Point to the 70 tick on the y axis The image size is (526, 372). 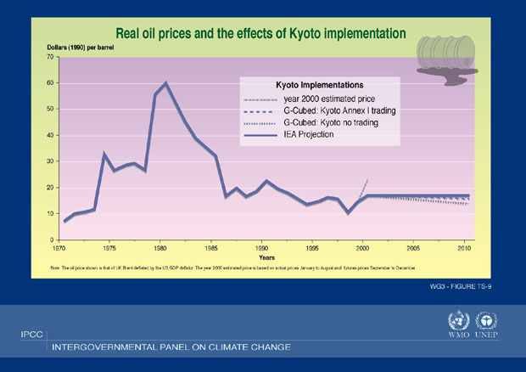click(x=50, y=57)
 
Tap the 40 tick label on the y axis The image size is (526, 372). click(x=50, y=135)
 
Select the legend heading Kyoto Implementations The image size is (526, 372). click(x=320, y=85)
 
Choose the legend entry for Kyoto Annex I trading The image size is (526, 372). click(x=339, y=110)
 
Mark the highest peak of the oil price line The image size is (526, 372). click(x=165, y=82)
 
